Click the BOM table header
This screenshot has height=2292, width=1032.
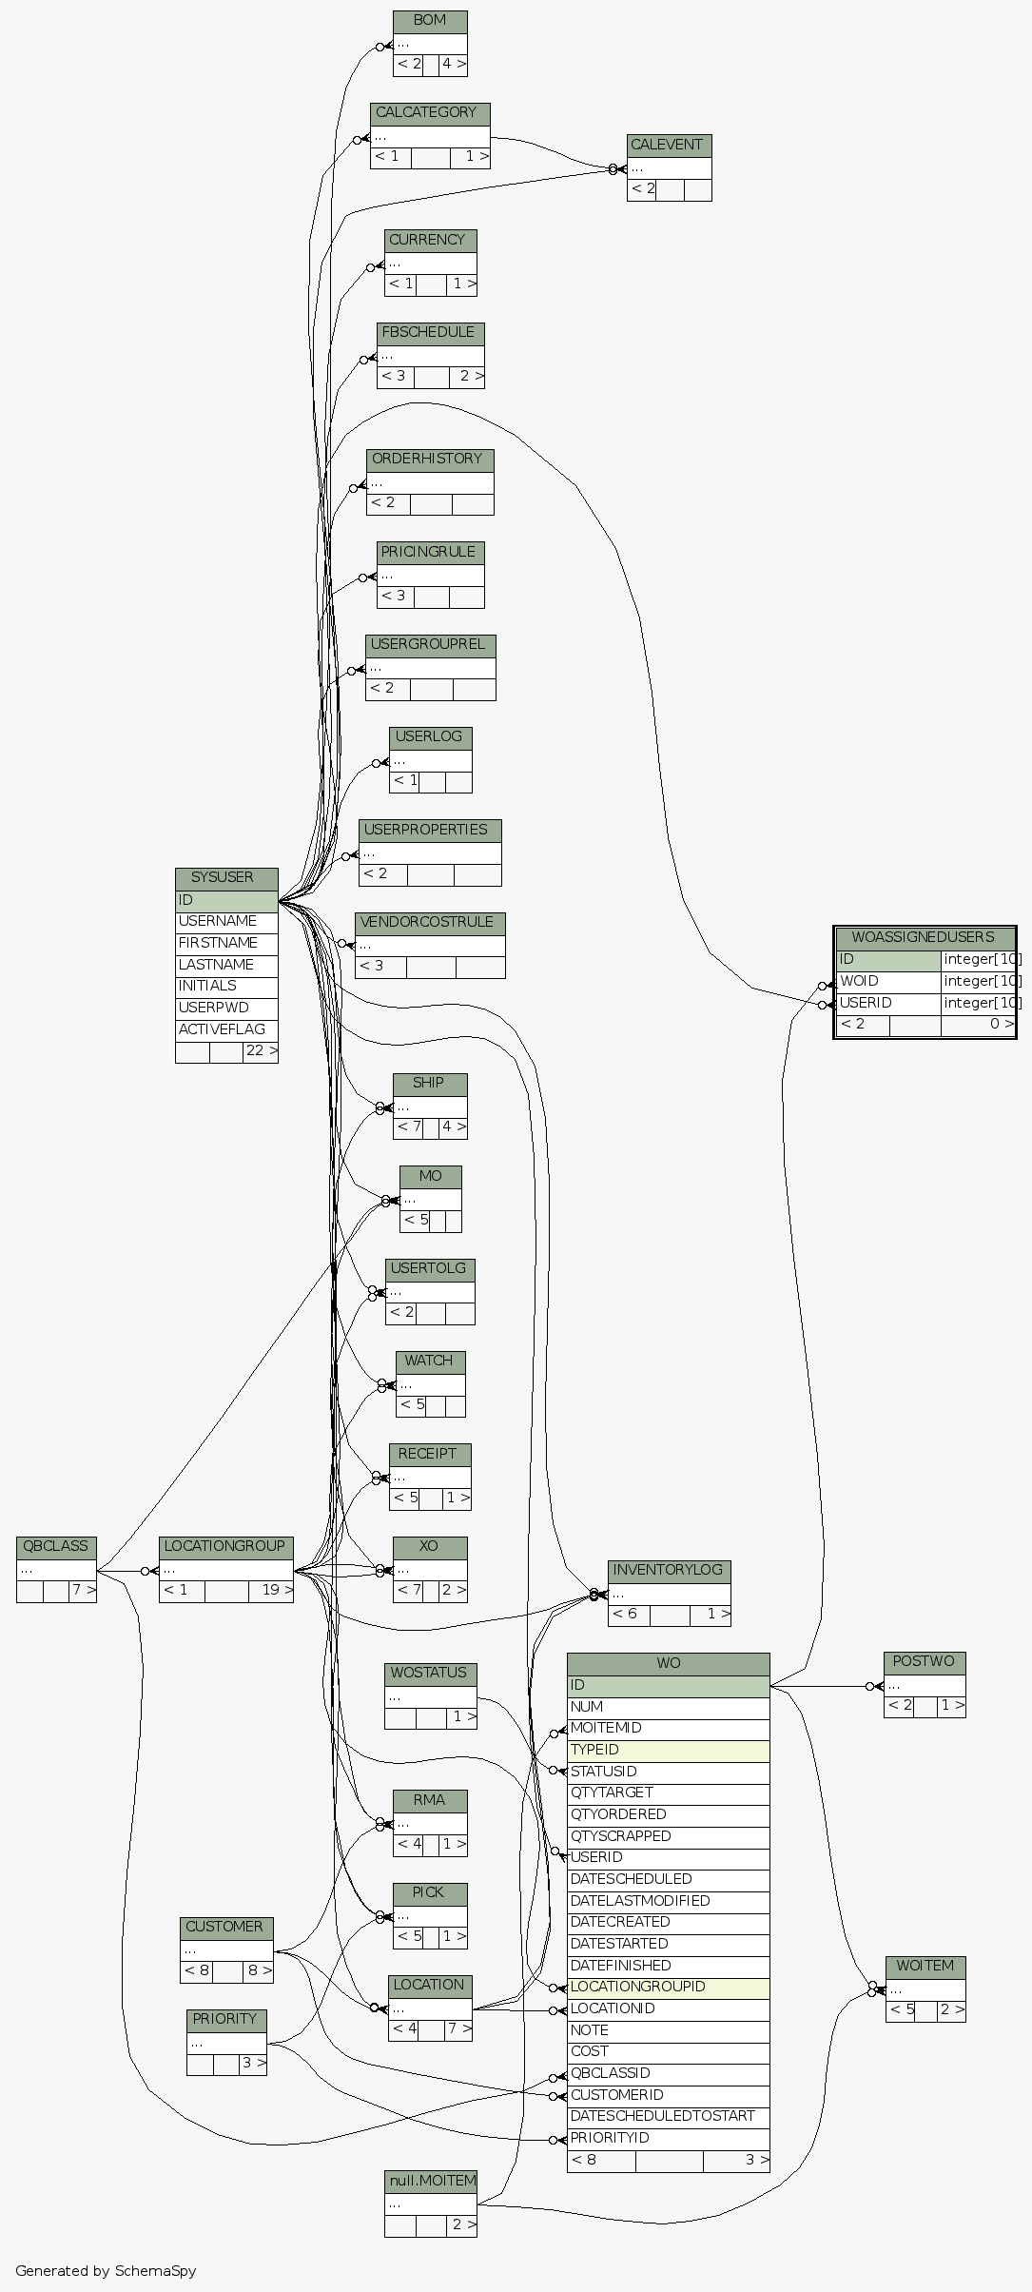click(430, 21)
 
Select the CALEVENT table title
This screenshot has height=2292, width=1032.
click(669, 146)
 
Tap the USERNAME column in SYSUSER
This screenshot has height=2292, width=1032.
click(226, 921)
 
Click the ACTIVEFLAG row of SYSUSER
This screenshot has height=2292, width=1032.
click(226, 1029)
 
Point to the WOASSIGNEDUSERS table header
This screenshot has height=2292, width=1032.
click(924, 937)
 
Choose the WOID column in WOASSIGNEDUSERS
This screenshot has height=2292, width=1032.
click(887, 981)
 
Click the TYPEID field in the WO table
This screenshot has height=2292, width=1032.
click(668, 1750)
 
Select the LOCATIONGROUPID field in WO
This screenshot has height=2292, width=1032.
click(668, 1987)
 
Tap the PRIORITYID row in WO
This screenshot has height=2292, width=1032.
click(668, 2138)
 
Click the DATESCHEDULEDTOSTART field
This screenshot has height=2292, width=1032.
click(668, 2116)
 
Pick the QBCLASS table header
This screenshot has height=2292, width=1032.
click(56, 1546)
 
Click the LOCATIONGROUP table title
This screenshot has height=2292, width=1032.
click(225, 1546)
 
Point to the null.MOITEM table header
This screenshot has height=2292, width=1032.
click(431, 2180)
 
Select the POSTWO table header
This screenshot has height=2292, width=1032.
click(924, 1662)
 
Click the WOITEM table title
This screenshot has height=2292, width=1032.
click(925, 1966)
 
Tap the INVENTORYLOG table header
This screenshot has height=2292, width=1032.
click(669, 1570)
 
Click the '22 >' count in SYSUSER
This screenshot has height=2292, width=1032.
click(261, 1051)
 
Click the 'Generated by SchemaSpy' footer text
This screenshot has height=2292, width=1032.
click(106, 2271)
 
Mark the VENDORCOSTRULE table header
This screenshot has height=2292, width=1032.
click(429, 923)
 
